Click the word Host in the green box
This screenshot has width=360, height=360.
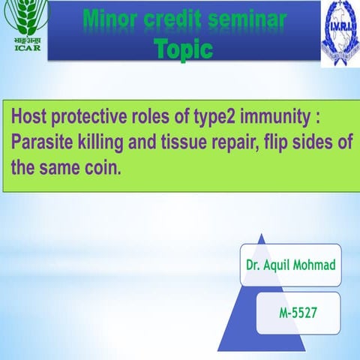[x=33, y=118]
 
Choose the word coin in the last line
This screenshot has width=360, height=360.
[x=102, y=166]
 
